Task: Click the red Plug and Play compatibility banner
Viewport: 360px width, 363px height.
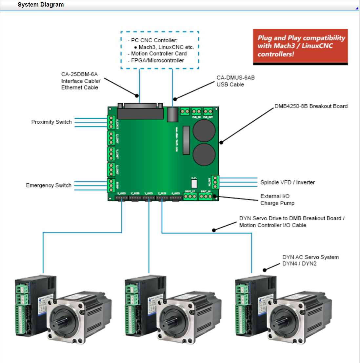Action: click(x=300, y=46)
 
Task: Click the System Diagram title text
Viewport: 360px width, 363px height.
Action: click(x=41, y=5)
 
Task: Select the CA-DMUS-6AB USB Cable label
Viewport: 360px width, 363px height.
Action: click(x=235, y=81)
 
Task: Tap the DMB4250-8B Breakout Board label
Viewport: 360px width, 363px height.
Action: click(x=311, y=106)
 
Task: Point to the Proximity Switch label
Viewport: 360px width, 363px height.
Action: click(x=51, y=122)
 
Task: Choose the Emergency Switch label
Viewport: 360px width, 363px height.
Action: click(x=49, y=185)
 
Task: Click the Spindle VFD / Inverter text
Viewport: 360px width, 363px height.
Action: click(x=288, y=182)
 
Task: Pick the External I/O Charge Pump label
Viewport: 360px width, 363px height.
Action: click(x=277, y=199)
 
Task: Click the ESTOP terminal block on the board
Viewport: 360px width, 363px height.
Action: click(x=111, y=186)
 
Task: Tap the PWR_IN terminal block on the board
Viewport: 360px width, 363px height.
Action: click(x=196, y=111)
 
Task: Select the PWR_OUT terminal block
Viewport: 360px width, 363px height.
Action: click(x=208, y=111)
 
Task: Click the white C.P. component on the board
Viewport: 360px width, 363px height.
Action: click(x=194, y=183)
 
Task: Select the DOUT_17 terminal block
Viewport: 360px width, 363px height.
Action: click(x=190, y=196)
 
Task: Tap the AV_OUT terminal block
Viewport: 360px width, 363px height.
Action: click(x=215, y=182)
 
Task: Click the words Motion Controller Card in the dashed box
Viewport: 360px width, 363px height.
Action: click(x=159, y=53)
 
